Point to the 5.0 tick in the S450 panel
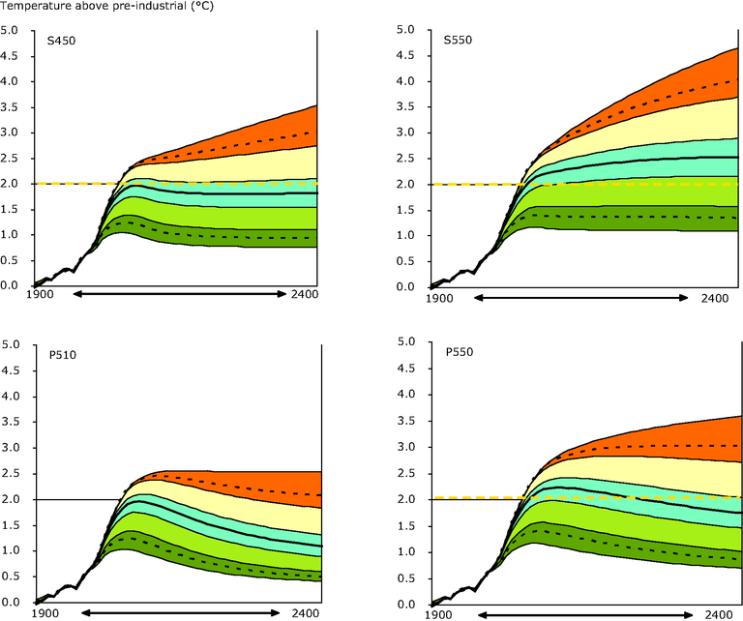click(10, 30)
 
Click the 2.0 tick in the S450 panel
click(10, 184)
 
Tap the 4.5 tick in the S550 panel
click(405, 55)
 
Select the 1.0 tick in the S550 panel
click(405, 235)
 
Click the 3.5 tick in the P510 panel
click(10, 421)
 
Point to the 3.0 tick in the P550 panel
click(405, 447)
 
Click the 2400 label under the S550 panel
click(715, 298)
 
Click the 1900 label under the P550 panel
click(439, 614)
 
